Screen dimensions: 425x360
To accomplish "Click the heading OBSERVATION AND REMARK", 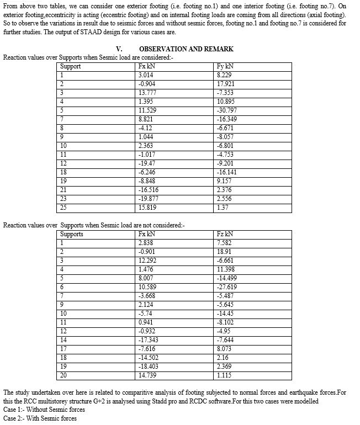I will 186,49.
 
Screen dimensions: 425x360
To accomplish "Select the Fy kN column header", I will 226,66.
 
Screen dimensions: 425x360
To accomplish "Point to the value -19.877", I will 149,198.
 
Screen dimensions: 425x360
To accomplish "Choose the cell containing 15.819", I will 147,207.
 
